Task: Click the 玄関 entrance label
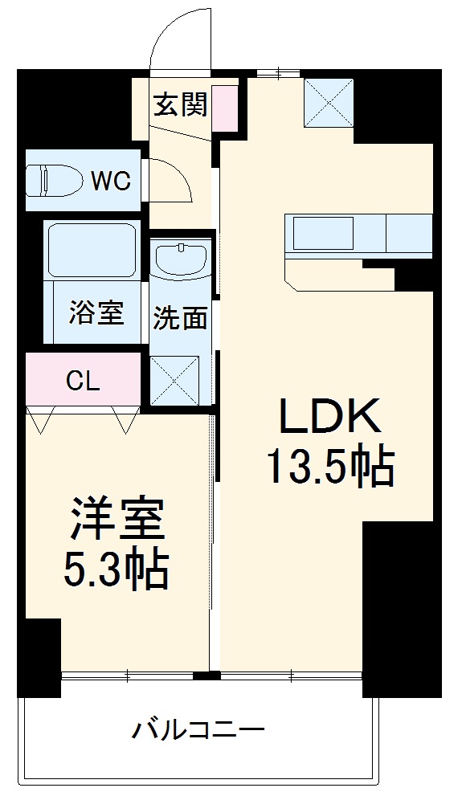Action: [181, 104]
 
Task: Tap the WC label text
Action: [109, 181]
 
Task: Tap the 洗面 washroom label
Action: [181, 318]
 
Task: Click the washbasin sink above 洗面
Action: [181, 259]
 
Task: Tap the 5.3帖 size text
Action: [116, 570]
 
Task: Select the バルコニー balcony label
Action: [198, 730]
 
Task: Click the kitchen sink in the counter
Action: [321, 234]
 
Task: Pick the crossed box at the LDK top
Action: [329, 103]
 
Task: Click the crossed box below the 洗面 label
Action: [175, 378]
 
